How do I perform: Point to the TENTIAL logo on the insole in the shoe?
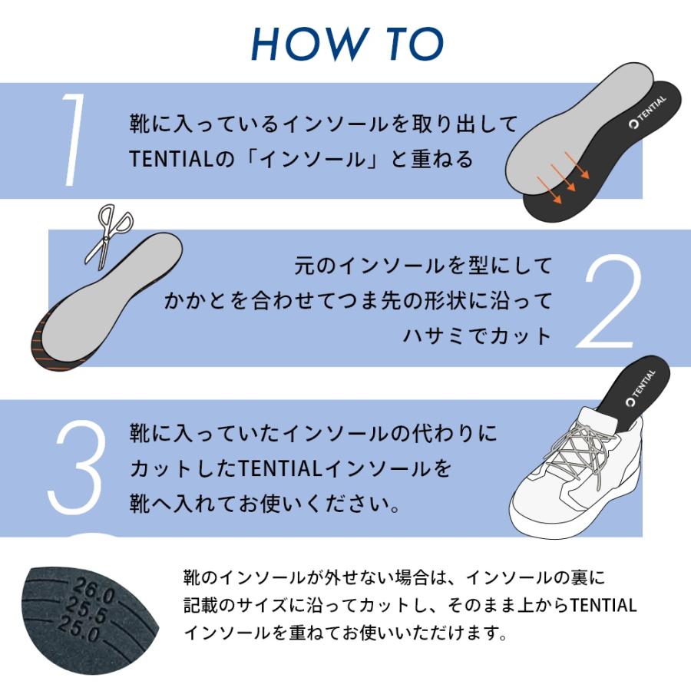[x=640, y=388]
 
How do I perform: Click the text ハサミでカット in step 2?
[x=478, y=336]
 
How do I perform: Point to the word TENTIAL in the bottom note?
[x=603, y=605]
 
